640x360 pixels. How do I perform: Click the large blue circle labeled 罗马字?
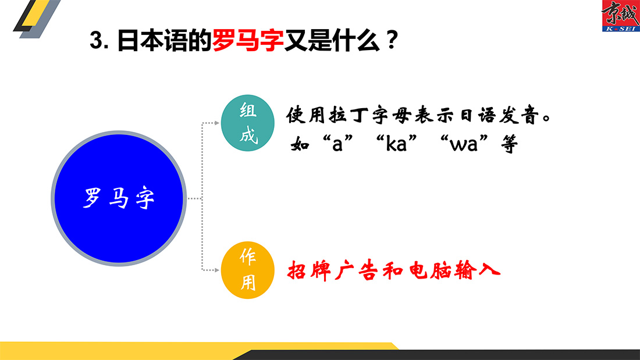tap(119, 198)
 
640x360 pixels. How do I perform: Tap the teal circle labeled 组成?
tap(247, 123)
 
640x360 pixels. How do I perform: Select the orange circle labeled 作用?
tap(247, 270)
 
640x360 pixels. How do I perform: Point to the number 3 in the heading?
tap(96, 40)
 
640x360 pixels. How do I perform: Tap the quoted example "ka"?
tap(396, 144)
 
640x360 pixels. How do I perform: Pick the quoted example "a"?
tap(337, 144)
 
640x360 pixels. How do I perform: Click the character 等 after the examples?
tap(510, 144)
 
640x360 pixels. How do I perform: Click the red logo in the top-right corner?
tap(621, 16)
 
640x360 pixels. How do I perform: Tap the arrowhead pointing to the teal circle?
tap(217, 123)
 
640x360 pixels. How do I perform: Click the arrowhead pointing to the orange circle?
tap(217, 270)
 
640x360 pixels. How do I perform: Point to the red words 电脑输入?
tap(454, 270)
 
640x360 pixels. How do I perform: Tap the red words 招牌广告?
tap(333, 270)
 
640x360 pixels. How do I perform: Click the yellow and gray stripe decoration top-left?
tap(37, 19)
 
